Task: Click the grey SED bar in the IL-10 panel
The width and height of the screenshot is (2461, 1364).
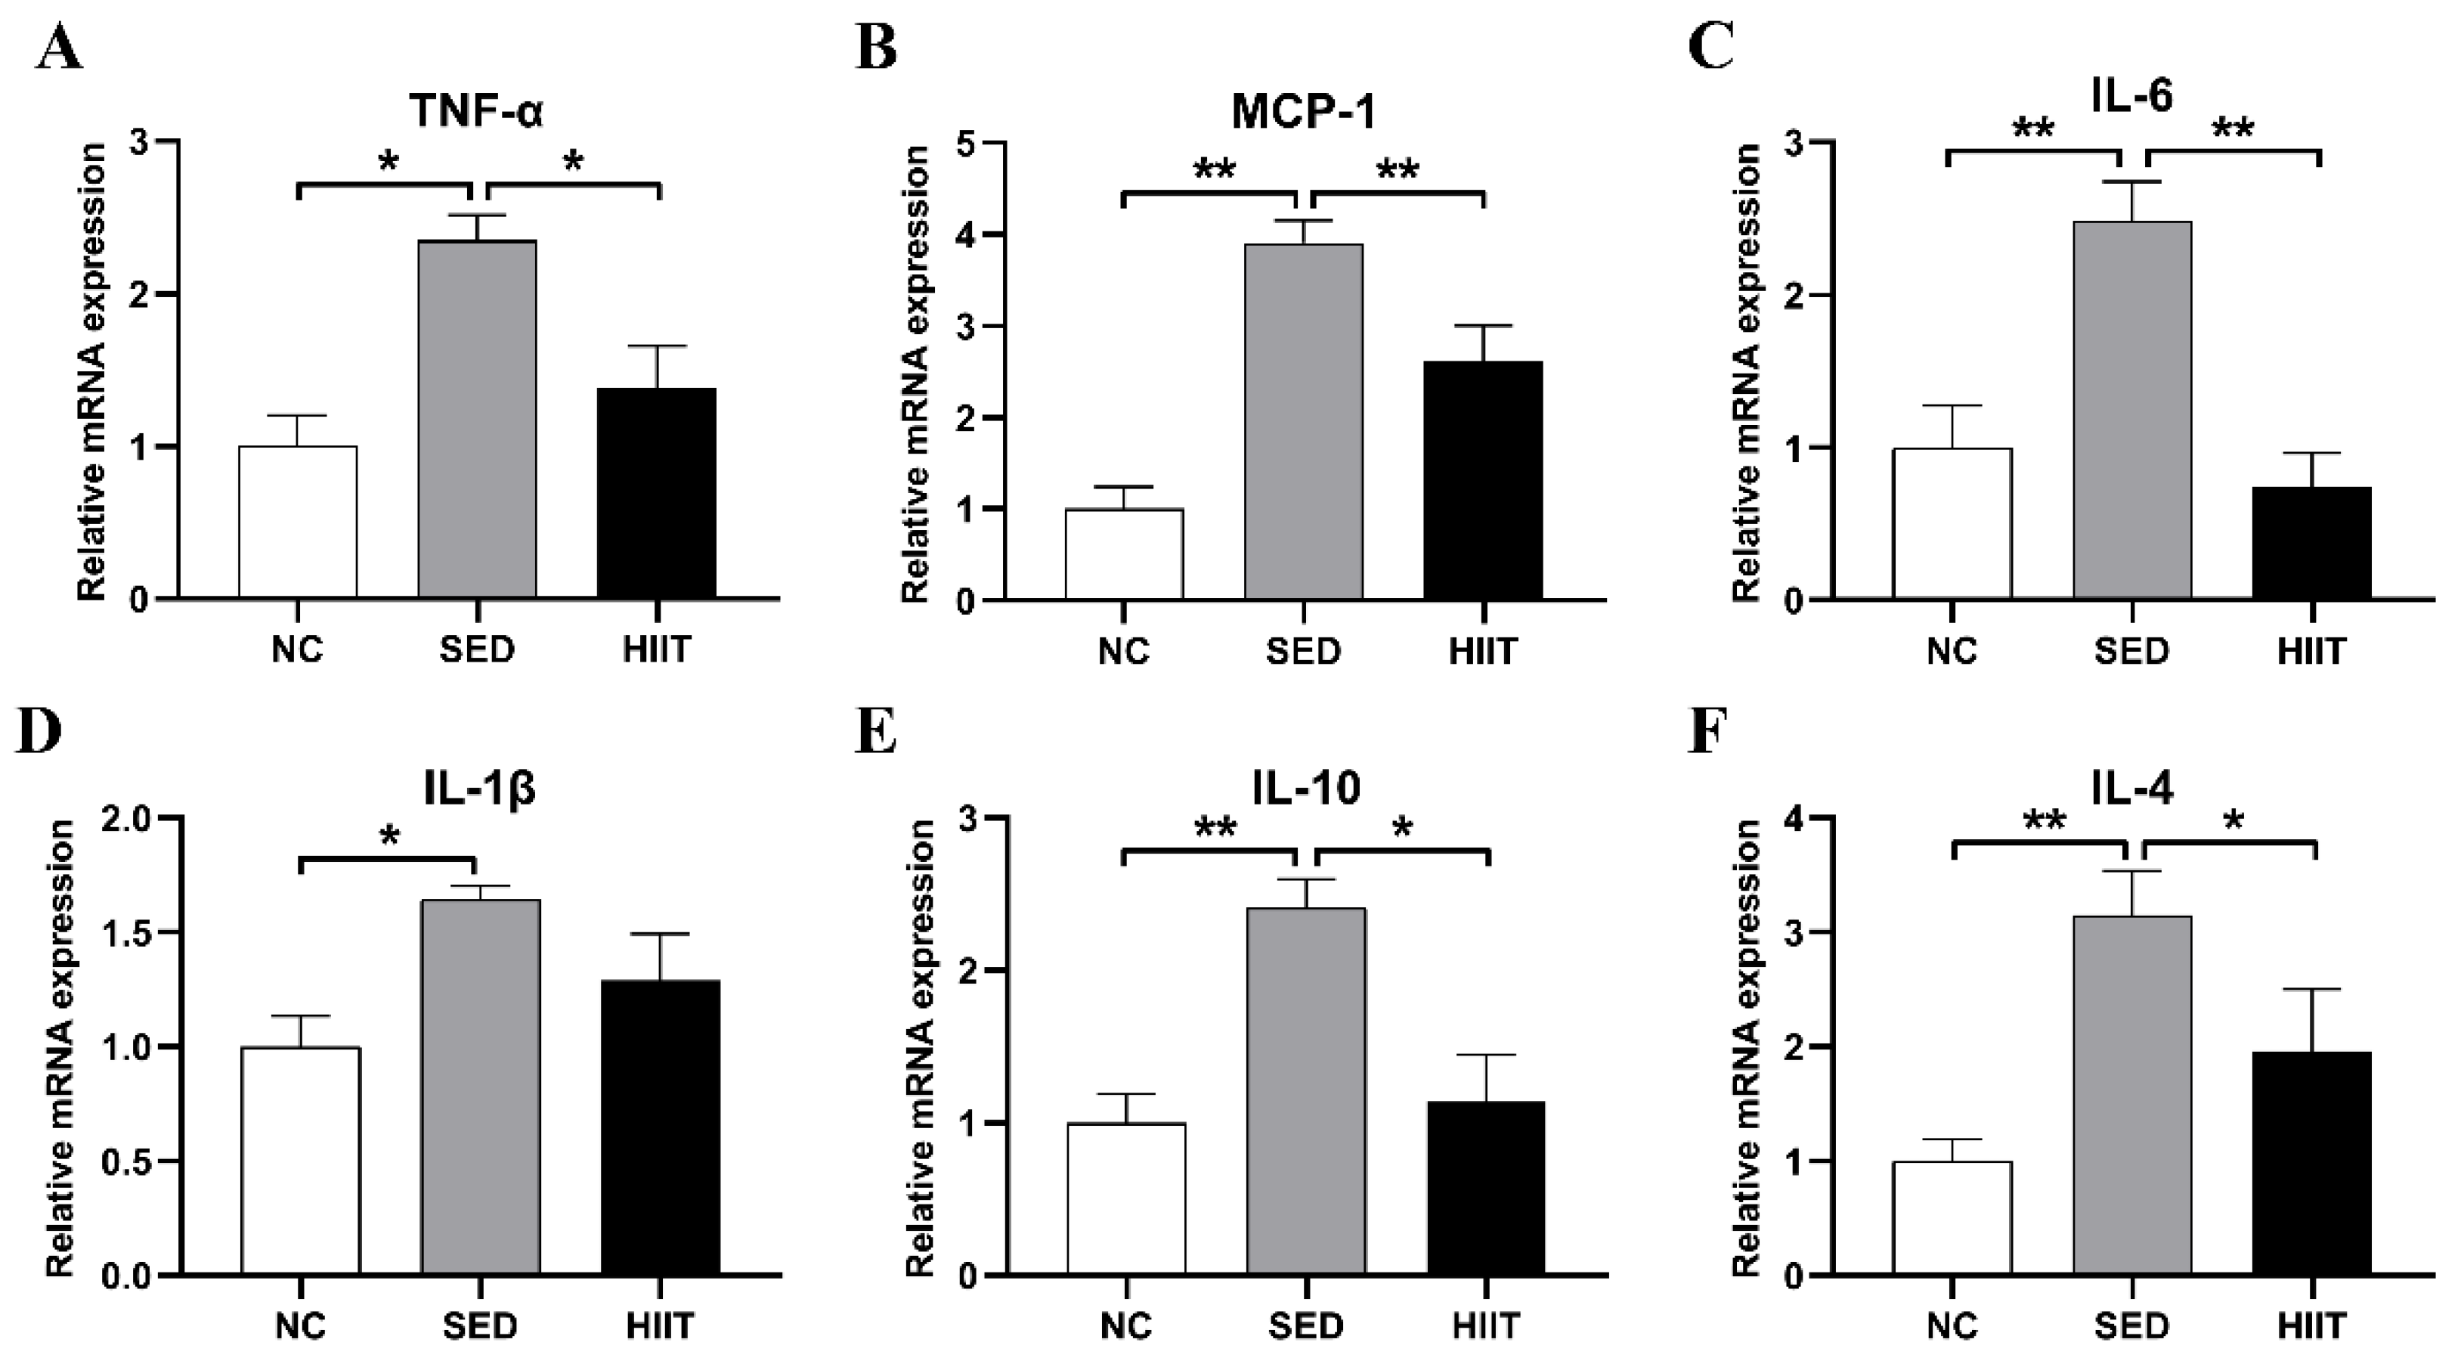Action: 1306,1090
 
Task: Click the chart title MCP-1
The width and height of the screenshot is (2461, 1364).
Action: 1303,113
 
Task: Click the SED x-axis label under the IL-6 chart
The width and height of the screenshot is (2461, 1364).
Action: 2131,652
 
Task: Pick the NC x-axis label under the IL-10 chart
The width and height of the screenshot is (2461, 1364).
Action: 1126,1327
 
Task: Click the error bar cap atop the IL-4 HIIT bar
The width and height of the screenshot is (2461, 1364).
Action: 2312,989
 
